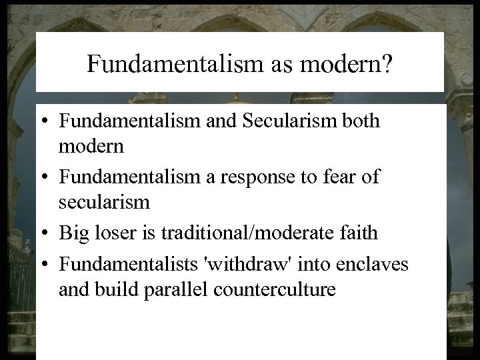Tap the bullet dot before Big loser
pyautogui.click(x=49, y=233)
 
